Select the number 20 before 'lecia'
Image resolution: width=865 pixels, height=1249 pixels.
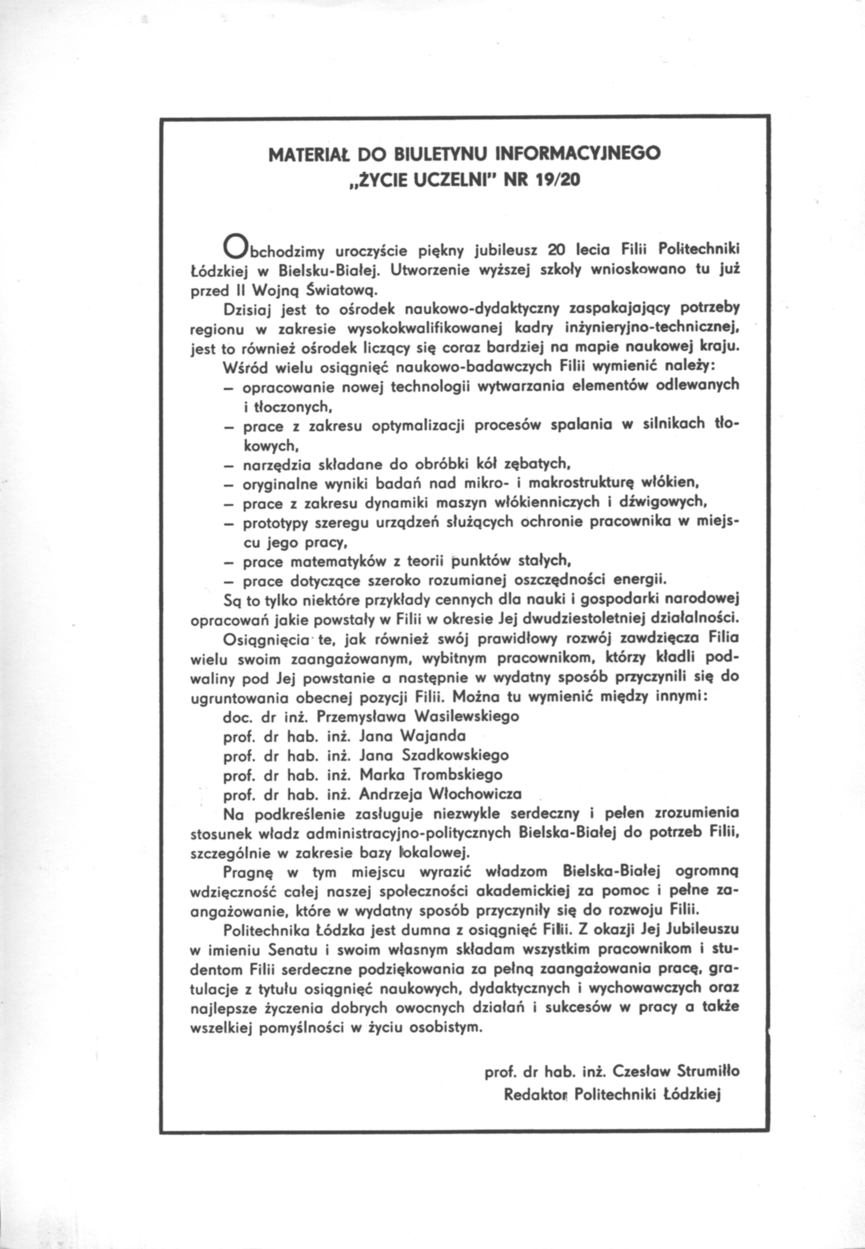(557, 250)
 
